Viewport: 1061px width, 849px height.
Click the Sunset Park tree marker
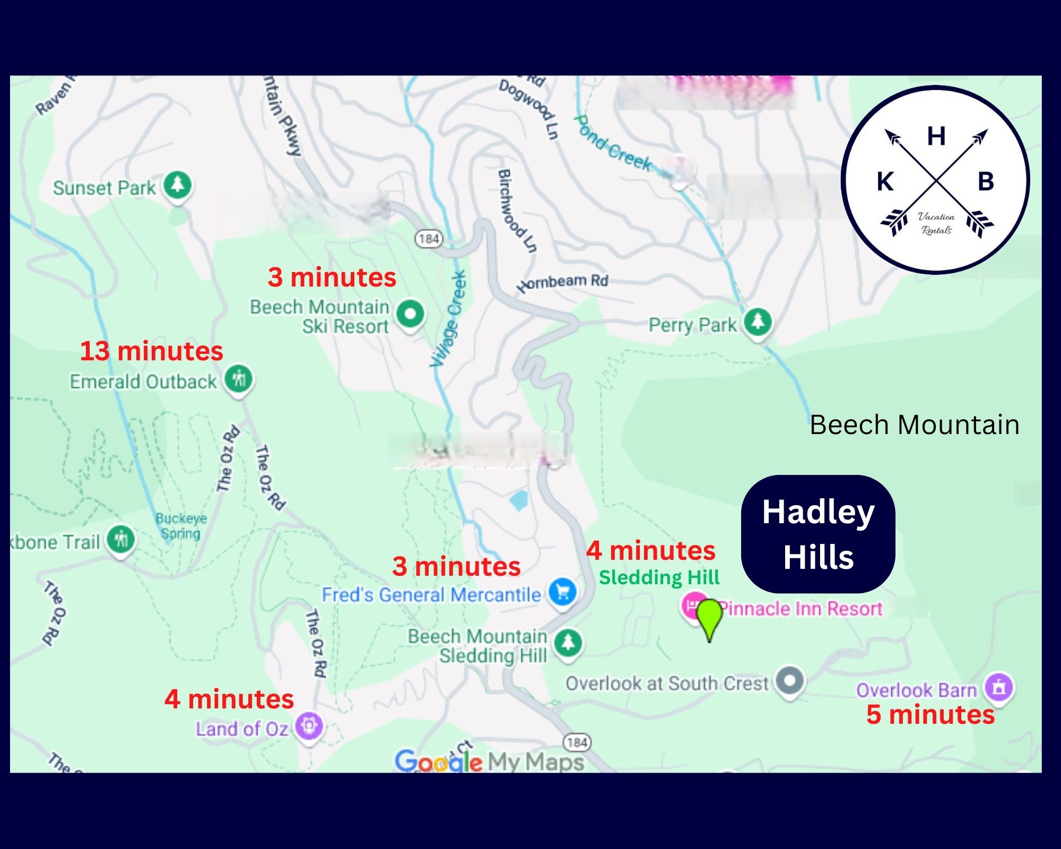coord(177,185)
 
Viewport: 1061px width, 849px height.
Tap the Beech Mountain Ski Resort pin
coord(410,313)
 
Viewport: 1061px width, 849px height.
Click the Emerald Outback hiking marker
coord(239,379)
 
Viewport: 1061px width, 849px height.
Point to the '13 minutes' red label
coord(151,351)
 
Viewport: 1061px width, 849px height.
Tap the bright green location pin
coord(709,618)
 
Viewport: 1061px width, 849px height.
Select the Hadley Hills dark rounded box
coord(818,534)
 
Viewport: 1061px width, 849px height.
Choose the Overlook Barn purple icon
coord(999,687)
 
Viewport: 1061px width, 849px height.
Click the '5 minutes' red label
coord(930,714)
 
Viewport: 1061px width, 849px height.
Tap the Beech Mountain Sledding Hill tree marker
coord(568,643)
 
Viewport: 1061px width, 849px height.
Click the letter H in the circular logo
coord(936,136)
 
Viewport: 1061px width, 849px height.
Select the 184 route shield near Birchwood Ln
coord(429,239)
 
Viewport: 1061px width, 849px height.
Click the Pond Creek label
coord(613,143)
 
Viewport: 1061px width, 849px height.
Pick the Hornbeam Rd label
coord(563,282)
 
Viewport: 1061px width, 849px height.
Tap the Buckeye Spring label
coord(181,525)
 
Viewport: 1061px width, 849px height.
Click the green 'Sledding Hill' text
coord(659,577)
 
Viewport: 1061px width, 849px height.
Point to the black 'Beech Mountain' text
coord(914,424)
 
